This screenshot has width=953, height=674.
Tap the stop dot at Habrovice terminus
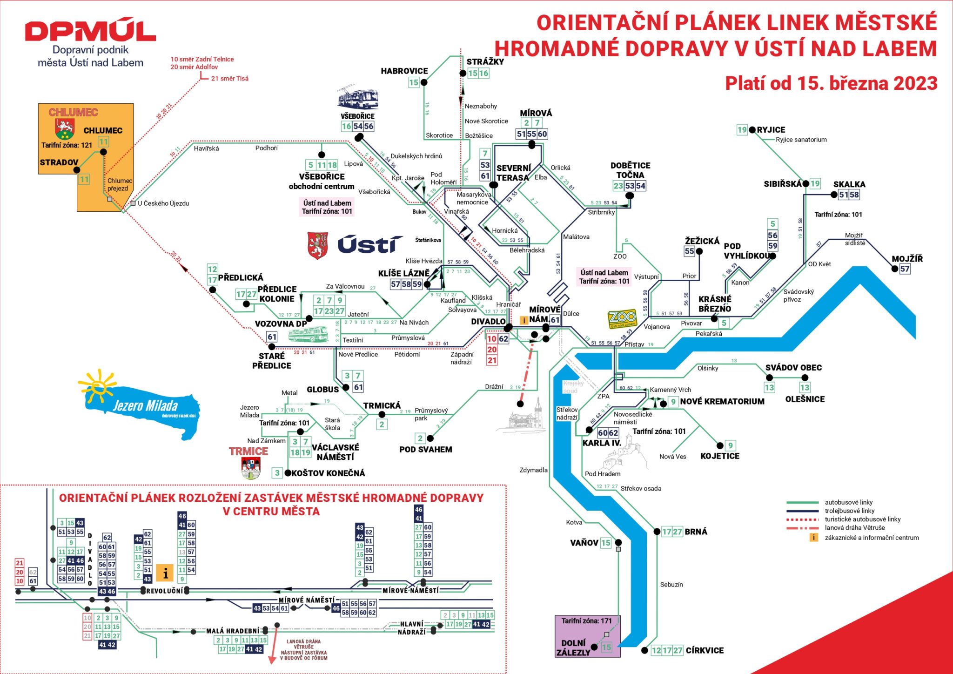pyautogui.click(x=424, y=82)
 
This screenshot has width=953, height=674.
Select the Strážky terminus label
pyautogui.click(x=485, y=61)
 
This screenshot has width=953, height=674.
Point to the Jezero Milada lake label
pyautogui.click(x=145, y=405)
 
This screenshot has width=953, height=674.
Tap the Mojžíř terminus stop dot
pyautogui.click(x=894, y=269)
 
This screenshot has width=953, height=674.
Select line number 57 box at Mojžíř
pyautogui.click(x=905, y=269)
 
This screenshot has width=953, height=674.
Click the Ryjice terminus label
pyautogui.click(x=771, y=130)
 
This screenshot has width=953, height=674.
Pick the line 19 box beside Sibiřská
pyautogui.click(x=815, y=184)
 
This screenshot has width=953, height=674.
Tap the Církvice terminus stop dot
pyautogui.click(x=644, y=650)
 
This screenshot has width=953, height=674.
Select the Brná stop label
pyautogui.click(x=696, y=532)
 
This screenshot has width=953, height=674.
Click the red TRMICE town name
pyautogui.click(x=248, y=451)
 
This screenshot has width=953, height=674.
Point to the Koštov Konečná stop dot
pyautogui.click(x=288, y=473)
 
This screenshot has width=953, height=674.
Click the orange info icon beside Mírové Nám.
pyautogui.click(x=524, y=320)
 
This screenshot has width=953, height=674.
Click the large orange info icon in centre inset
pyautogui.click(x=165, y=573)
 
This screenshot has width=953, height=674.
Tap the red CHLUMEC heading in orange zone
pyautogui.click(x=73, y=112)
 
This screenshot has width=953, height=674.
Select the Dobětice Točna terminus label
pyautogui.click(x=630, y=170)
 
